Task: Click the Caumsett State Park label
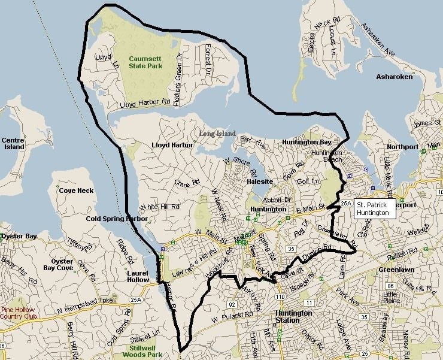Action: click(145, 62)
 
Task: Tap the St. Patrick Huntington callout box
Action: click(373, 208)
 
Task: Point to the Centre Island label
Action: click(13, 143)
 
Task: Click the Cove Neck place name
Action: click(77, 190)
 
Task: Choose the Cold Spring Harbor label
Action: click(117, 219)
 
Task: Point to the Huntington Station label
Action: click(293, 317)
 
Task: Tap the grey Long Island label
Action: click(217, 133)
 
